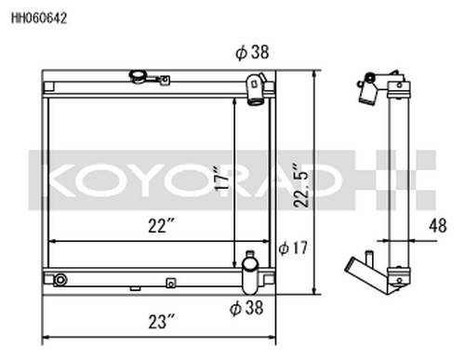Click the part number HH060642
point(39,19)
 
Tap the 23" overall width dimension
point(162,322)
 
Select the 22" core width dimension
point(161,225)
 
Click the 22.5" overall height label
point(301,185)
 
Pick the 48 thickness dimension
point(438,225)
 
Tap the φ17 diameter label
point(293,248)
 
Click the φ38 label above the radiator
point(252,52)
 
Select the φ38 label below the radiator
point(246,308)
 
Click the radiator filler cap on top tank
point(139,76)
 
